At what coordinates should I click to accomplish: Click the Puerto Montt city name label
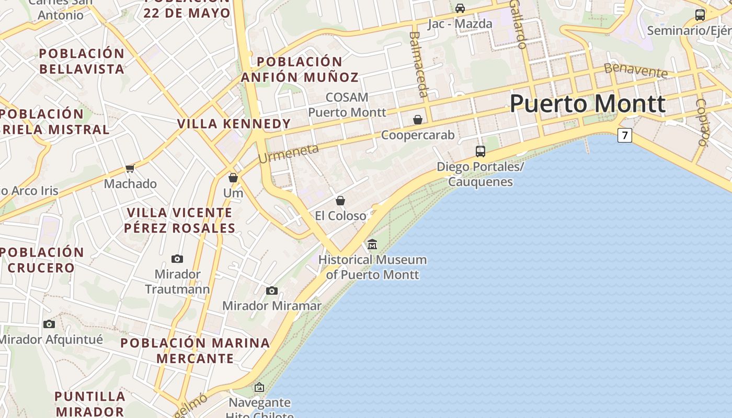587,103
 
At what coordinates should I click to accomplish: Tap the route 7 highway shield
624,135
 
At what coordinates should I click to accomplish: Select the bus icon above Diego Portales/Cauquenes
480,151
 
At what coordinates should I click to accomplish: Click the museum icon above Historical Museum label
372,244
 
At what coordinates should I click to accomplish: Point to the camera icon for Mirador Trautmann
177,259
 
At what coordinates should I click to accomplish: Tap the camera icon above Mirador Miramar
271,291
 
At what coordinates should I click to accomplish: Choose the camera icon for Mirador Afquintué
49,324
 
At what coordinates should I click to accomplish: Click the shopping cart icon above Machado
130,168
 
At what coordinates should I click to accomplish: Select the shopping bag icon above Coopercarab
417,120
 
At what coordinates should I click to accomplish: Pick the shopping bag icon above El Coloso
340,200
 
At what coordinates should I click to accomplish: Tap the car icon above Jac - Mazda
460,8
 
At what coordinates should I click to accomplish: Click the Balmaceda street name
419,64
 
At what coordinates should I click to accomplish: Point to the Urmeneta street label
289,153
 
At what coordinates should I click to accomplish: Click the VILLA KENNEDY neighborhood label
234,124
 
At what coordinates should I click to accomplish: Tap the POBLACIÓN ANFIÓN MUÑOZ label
300,69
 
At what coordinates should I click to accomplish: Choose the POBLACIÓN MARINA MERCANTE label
195,351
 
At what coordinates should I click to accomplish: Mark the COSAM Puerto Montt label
347,104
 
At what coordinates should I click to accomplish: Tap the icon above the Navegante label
259,387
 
